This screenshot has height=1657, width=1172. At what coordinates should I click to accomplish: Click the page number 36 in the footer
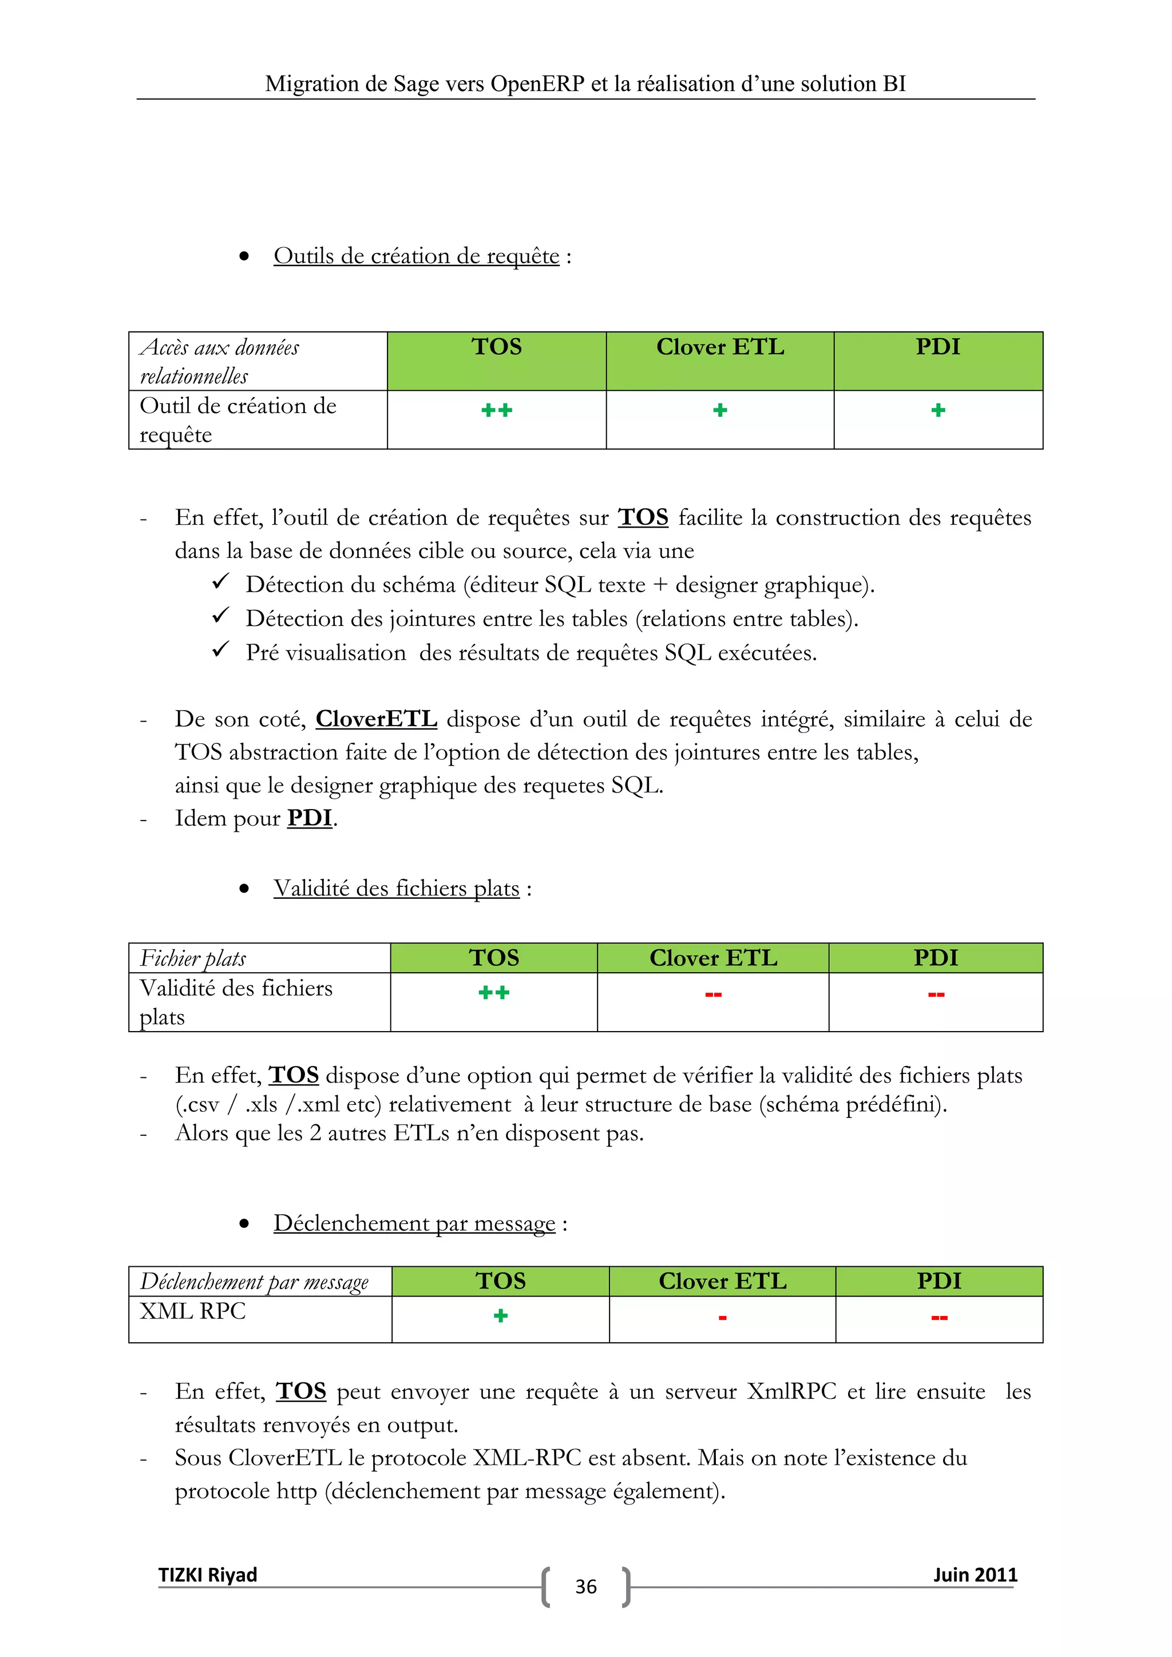(585, 1586)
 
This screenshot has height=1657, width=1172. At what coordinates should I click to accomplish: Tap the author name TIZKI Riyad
(208, 1574)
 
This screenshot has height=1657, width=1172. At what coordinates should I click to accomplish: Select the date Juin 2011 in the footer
(975, 1574)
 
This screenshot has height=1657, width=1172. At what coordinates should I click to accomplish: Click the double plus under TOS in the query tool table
(497, 411)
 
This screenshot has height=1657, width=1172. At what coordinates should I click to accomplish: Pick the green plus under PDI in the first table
(938, 411)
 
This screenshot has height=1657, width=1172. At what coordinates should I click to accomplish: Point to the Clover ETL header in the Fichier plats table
(713, 958)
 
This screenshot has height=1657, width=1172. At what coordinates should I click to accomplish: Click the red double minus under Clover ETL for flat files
(713, 994)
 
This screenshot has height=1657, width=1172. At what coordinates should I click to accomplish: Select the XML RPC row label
(193, 1311)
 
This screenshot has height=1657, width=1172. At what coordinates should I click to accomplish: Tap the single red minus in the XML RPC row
(722, 1318)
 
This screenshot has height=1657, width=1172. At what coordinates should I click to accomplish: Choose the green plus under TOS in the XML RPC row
(500, 1315)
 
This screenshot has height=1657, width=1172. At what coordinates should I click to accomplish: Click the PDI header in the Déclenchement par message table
(939, 1281)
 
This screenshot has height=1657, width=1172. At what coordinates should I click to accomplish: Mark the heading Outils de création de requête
(417, 256)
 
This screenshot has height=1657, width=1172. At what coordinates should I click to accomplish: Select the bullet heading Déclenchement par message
(414, 1223)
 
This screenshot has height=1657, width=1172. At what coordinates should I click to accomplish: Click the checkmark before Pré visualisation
(220, 649)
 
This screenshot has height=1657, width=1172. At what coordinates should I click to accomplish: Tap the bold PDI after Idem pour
(310, 818)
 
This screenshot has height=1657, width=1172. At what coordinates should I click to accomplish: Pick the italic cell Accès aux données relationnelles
(219, 361)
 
